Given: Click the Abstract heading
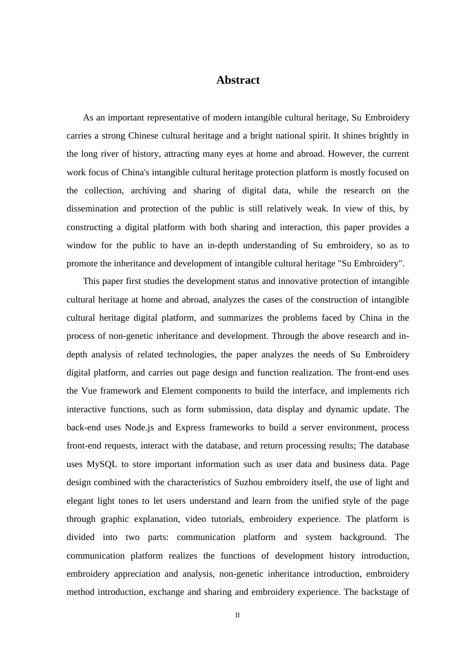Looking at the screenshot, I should pos(238,80).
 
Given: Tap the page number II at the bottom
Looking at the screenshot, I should pos(237,615).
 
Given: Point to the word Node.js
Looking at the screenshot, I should pos(139,427).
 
